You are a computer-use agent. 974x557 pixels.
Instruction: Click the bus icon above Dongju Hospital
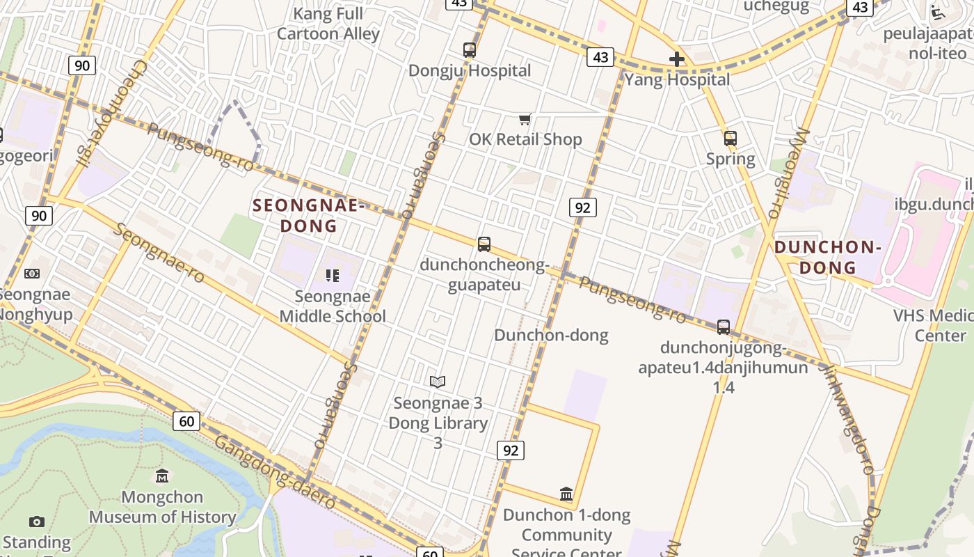(x=470, y=50)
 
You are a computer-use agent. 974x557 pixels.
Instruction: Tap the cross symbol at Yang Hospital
(x=676, y=60)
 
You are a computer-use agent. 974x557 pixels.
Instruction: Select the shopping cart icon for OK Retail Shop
(x=525, y=120)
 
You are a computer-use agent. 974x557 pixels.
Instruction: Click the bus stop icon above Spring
(x=730, y=139)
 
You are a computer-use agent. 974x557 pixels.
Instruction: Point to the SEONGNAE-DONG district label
(x=308, y=215)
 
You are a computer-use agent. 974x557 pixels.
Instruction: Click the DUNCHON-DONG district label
(x=827, y=257)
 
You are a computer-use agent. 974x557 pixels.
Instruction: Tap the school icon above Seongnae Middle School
(x=333, y=276)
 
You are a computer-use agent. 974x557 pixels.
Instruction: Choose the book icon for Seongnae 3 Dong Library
(x=438, y=382)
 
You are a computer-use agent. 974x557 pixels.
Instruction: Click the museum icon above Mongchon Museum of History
(x=162, y=476)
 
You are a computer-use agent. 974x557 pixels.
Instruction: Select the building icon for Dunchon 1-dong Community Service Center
(x=566, y=494)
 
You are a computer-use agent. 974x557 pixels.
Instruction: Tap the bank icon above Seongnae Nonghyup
(x=32, y=274)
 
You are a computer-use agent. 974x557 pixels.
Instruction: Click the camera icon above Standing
(x=37, y=521)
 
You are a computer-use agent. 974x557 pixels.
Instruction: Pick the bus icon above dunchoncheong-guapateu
(x=484, y=244)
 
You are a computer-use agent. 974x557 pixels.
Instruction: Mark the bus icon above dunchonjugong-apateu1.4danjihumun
(x=724, y=327)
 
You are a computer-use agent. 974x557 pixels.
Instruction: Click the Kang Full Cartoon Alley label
(x=328, y=24)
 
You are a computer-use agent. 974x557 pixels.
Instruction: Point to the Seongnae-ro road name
(x=161, y=252)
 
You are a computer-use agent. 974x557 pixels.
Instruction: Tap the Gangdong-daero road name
(x=276, y=471)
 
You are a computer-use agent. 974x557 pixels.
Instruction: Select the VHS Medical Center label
(x=932, y=325)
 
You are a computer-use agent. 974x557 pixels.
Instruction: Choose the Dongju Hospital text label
(x=470, y=71)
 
